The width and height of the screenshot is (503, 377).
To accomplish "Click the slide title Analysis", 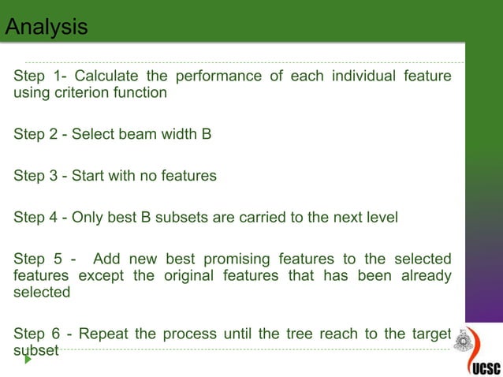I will pos(47,27).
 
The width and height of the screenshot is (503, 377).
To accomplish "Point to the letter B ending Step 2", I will pos(207,134).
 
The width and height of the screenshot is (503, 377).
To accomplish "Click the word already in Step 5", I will pos(425,276).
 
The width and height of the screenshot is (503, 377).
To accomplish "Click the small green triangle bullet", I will pos(28,359).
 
